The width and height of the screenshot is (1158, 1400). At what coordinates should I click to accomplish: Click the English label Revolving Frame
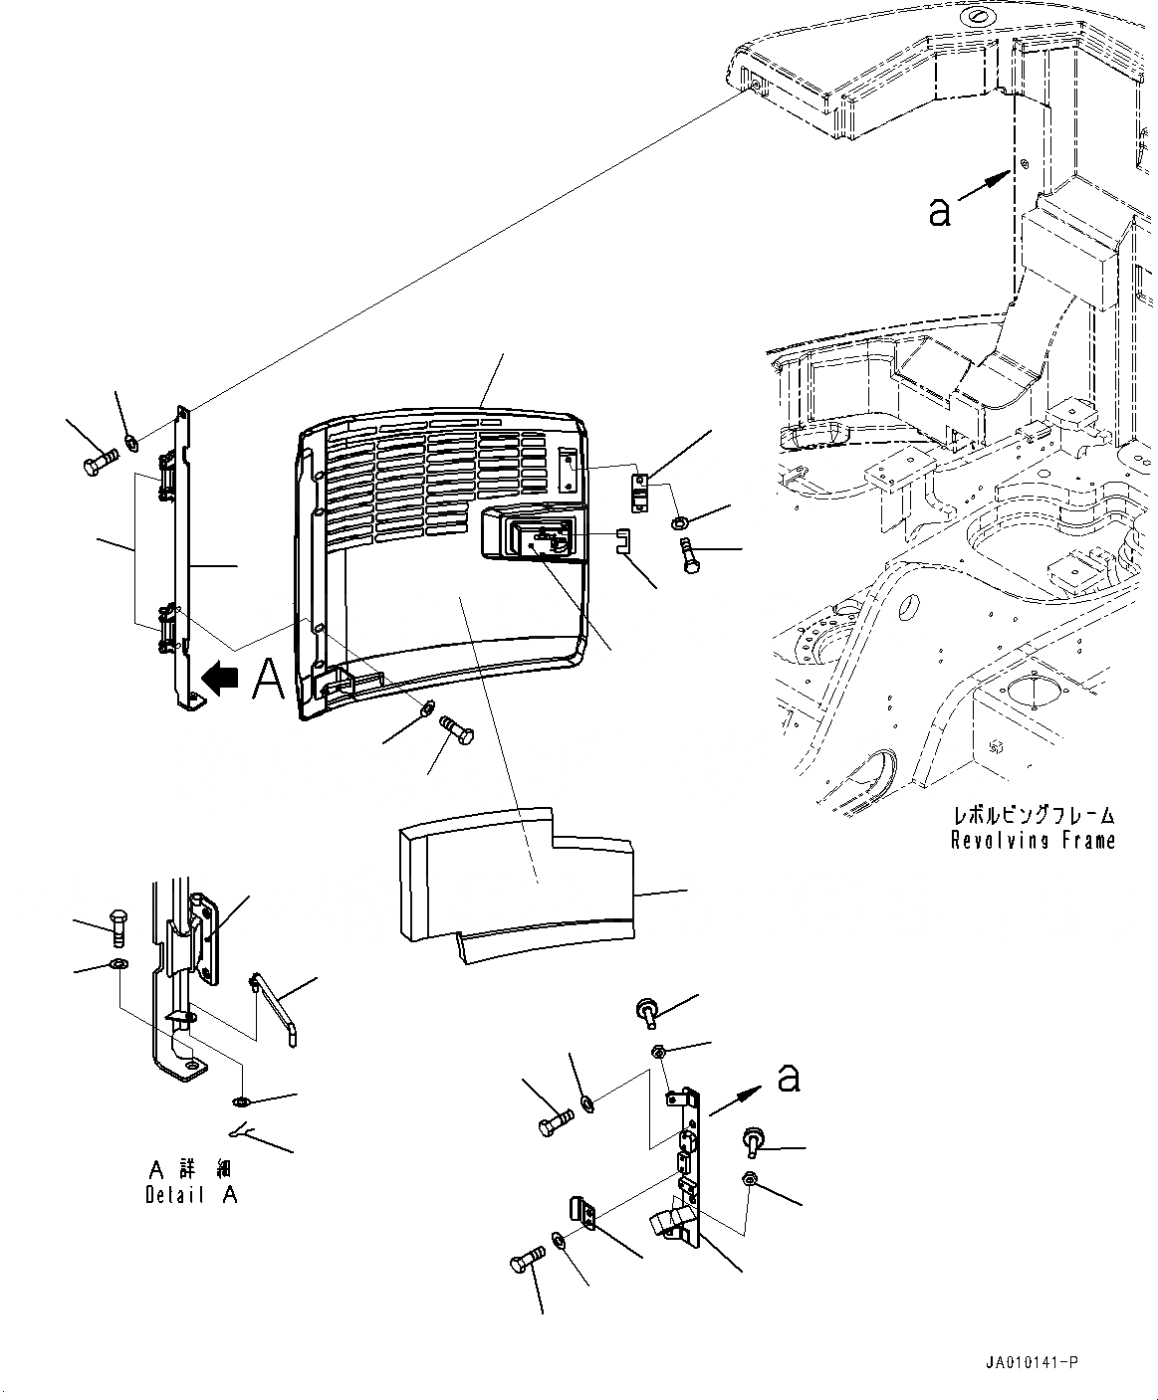click(1033, 841)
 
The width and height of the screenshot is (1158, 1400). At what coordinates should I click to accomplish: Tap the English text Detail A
click(191, 1195)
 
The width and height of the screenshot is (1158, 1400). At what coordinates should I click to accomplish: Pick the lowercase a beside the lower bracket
click(788, 1077)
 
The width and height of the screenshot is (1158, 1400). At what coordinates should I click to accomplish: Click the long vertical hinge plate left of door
click(183, 557)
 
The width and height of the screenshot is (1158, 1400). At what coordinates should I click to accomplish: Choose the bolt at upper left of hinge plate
click(96, 464)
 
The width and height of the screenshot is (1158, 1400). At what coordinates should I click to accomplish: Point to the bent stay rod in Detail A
click(273, 1008)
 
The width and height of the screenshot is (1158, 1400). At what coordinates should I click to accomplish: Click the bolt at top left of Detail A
click(117, 926)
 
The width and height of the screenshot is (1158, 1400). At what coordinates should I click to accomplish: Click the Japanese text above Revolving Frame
click(1033, 815)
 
